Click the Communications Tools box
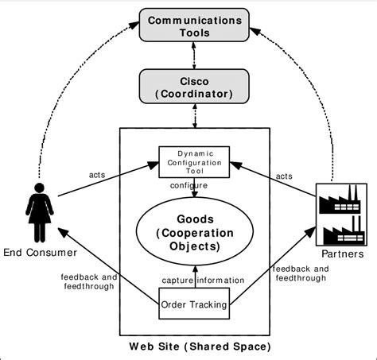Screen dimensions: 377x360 point(194,25)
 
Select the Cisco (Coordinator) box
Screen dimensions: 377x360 point(194,87)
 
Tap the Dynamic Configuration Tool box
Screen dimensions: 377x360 point(194,162)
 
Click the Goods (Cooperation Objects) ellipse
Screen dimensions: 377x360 point(195,231)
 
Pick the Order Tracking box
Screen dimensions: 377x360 point(194,304)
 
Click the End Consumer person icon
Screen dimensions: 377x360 point(40,212)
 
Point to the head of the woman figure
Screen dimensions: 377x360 point(40,188)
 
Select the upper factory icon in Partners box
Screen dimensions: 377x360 point(340,199)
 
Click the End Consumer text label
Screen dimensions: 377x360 point(40,253)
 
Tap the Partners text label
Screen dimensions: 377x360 point(343,254)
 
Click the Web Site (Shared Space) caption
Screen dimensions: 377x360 point(200,346)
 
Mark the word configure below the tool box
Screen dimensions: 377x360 point(188,185)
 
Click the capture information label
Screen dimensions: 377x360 point(203,281)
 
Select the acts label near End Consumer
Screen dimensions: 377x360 point(97,175)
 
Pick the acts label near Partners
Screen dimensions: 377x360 point(284,176)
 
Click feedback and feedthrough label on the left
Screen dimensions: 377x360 point(89,281)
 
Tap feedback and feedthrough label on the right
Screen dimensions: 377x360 point(301,273)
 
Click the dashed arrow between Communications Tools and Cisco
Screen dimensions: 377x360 point(194,56)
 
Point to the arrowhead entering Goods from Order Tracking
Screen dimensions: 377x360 point(195,269)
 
